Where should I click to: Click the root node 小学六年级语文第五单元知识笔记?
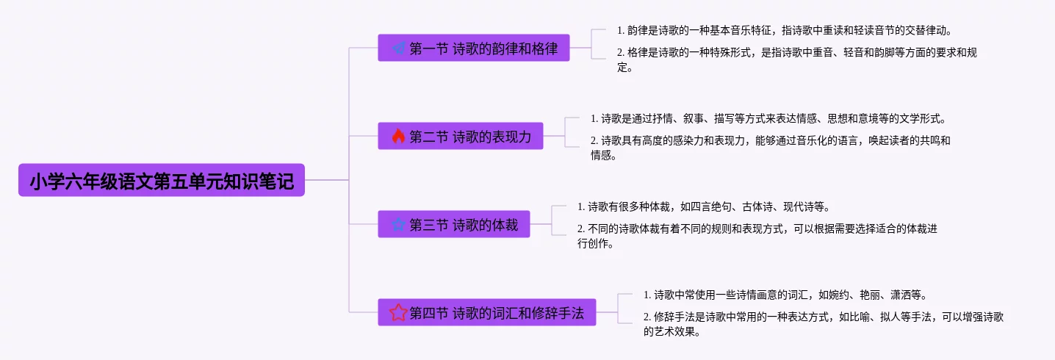[162, 180]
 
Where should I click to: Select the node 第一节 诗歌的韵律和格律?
[474, 48]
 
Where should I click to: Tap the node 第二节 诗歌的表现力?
[461, 136]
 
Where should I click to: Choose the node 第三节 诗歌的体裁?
[454, 224]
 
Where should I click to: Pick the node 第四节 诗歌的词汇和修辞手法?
[487, 312]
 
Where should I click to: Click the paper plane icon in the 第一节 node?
[398, 48]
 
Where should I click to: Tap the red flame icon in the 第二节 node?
[398, 136]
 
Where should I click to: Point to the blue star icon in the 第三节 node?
[398, 225]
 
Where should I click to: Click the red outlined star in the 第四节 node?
[398, 312]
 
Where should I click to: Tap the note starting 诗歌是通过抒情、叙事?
[767, 118]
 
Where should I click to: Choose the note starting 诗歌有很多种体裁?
[704, 206]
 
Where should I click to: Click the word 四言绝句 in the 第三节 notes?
[702, 206]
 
